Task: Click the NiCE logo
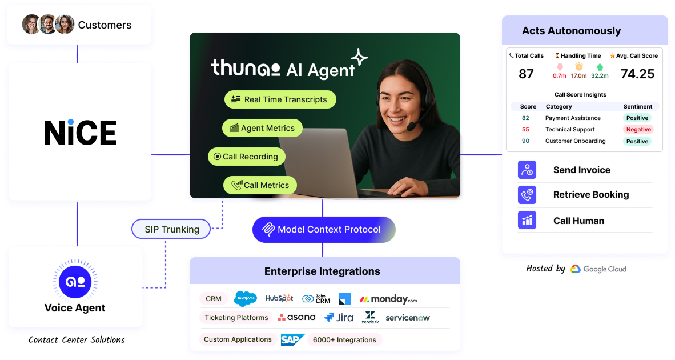(80, 132)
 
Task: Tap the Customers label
(105, 25)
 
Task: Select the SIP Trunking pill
(171, 229)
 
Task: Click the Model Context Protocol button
(323, 230)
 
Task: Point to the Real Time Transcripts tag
(280, 99)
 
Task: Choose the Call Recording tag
(246, 157)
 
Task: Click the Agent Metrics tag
(262, 128)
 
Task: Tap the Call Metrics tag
(260, 185)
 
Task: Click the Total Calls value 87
(526, 74)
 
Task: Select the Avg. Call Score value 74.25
(637, 74)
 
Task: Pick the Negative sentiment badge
(638, 130)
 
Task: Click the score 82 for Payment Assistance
(525, 118)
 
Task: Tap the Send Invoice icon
(527, 170)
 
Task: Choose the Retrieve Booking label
(590, 195)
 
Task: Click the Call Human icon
(527, 221)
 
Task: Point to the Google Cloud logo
(598, 269)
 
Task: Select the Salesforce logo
(246, 298)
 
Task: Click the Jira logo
(339, 317)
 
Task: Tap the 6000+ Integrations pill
(344, 340)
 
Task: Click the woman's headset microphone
(411, 127)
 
